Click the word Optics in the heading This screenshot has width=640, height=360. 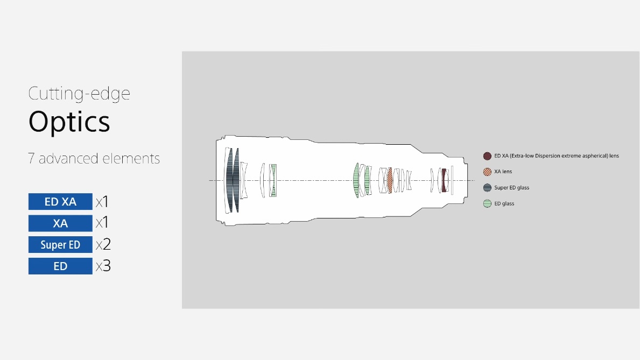(x=69, y=122)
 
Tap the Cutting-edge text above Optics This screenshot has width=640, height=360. (x=79, y=94)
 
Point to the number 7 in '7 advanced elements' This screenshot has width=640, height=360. (x=31, y=158)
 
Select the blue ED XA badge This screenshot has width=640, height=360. (x=60, y=202)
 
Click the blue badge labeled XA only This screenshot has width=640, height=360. (x=60, y=223)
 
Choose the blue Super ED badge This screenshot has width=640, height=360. (x=60, y=244)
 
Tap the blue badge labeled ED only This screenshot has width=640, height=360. (x=60, y=266)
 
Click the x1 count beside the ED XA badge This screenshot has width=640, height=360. (x=102, y=202)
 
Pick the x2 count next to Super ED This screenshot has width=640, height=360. (x=103, y=244)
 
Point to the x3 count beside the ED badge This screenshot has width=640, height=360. (x=103, y=266)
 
